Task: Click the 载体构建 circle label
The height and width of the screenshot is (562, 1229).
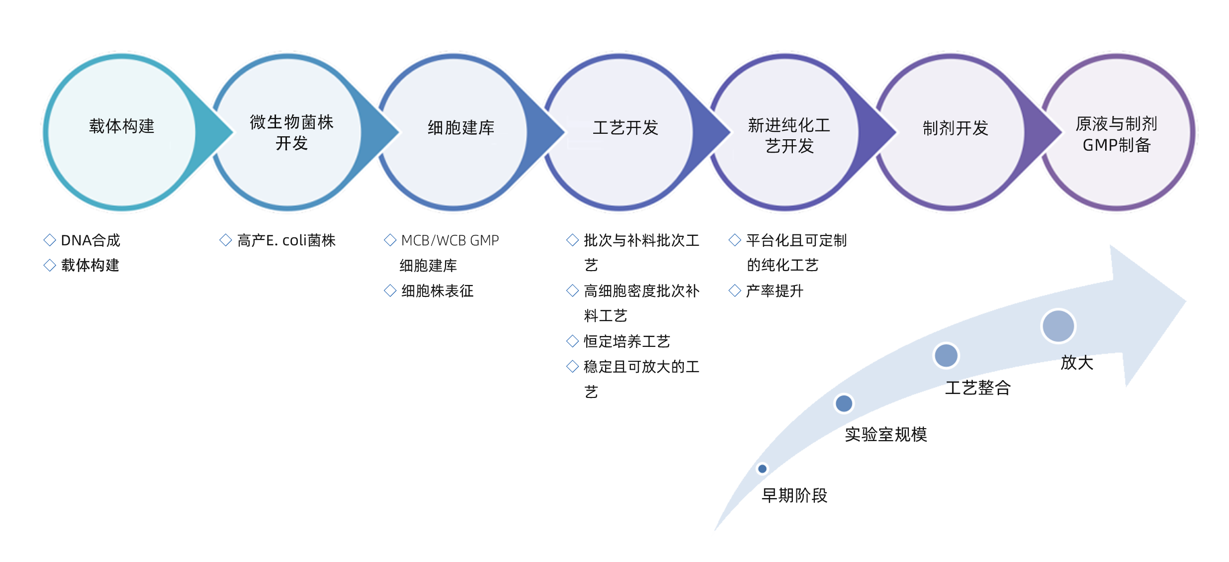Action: coord(121,126)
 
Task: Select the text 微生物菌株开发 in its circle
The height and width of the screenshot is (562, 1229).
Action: coord(291,132)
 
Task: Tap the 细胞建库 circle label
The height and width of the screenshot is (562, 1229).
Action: coord(461,128)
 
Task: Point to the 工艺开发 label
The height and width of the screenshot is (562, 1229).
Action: coord(625,128)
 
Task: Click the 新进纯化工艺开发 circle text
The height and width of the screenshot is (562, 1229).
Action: coord(789,135)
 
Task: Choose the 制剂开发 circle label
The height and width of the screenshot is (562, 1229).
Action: coord(955,128)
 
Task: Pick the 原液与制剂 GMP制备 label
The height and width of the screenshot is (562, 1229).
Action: coord(1116,134)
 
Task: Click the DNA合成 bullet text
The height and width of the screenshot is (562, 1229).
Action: coord(90,241)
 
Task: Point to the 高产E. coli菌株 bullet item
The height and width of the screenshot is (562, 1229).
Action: coord(286,241)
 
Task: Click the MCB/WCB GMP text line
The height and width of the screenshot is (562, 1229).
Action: coord(449,241)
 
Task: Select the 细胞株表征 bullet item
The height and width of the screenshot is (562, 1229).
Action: coord(437,291)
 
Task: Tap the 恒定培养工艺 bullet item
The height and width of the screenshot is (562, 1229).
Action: coord(626,341)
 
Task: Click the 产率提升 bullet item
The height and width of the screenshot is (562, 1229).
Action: coord(774,291)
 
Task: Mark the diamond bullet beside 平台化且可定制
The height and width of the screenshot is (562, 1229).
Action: coord(735,240)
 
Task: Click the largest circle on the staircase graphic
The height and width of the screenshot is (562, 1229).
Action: coord(1058,326)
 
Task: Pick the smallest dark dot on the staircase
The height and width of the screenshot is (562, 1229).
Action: coord(762,468)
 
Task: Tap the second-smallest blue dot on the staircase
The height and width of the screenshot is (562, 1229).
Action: coord(843,403)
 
